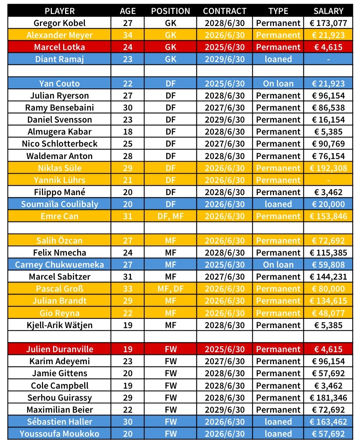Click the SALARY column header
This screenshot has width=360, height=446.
[328, 11]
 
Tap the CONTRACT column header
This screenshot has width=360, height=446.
[224, 11]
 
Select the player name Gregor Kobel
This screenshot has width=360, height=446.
[59, 23]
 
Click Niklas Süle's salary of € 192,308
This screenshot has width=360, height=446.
[328, 168]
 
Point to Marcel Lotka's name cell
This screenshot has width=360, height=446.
[59, 47]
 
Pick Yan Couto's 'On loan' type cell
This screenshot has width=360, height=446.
[278, 83]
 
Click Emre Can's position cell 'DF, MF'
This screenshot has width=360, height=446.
[171, 216]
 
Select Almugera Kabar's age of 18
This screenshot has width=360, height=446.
[127, 132]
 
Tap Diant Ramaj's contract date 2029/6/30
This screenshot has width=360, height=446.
[224, 59]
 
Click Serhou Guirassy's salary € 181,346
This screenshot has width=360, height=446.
[328, 398]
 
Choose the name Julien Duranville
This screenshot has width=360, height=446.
[59, 349]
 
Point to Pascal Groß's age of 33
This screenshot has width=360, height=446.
[127, 289]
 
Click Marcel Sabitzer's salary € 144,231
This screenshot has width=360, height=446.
[328, 277]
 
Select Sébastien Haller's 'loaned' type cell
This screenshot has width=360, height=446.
[278, 422]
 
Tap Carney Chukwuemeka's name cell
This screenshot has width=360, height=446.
[59, 264]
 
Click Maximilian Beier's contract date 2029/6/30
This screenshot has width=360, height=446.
[224, 410]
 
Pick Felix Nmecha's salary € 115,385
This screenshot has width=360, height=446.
[328, 252]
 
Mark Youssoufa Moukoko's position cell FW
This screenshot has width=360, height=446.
[171, 434]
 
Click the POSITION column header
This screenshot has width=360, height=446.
[171, 11]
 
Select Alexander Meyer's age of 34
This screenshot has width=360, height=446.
[127, 35]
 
